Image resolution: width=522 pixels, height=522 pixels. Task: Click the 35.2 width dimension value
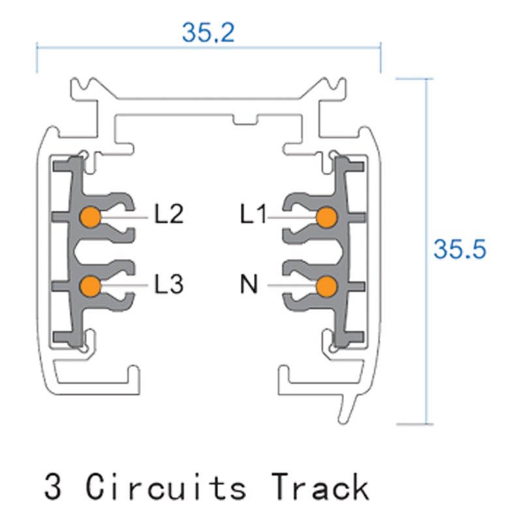tap(207, 31)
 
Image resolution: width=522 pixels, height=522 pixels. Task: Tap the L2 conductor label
tap(169, 214)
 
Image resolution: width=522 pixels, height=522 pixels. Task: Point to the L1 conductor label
tap(253, 214)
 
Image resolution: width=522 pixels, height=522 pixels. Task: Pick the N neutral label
tap(249, 284)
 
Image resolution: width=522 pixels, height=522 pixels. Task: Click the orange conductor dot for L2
tap(89, 216)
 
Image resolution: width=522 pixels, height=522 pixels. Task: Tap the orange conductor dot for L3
tap(89, 285)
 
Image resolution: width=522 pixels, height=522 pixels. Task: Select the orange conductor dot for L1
tap(326, 217)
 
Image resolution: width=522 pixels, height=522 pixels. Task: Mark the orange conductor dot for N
tap(326, 286)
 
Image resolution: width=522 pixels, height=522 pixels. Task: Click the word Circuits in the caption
tap(167, 487)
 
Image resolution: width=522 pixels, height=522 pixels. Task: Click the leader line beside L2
tap(124, 215)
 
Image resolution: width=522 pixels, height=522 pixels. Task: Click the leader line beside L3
tap(124, 284)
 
